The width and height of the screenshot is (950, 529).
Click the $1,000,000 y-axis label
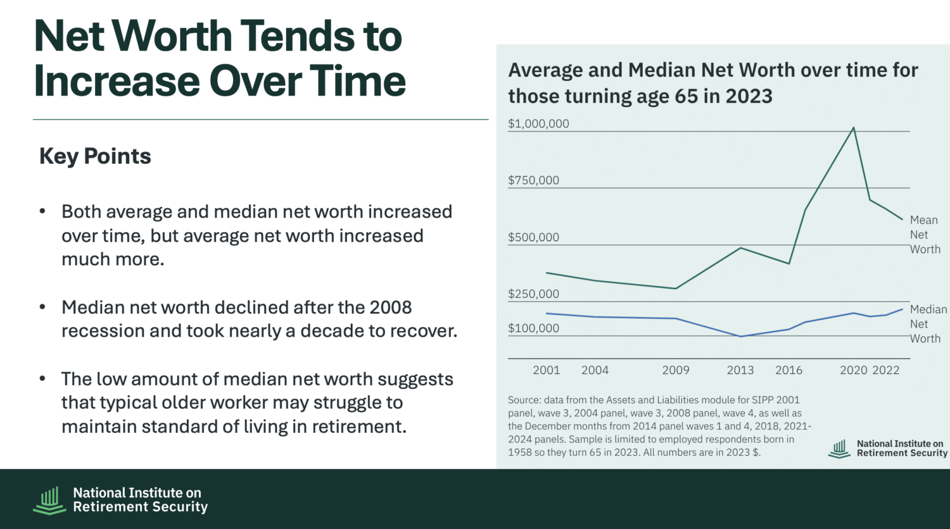point(538,124)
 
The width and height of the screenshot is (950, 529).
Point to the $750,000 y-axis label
point(533,180)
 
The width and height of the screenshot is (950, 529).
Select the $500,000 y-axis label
point(533,237)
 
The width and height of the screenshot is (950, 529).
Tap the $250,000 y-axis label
point(533,294)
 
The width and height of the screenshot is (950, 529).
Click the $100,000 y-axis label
point(533,328)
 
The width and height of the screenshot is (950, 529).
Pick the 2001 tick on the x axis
point(547,370)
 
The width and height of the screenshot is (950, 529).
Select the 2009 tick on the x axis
point(676,370)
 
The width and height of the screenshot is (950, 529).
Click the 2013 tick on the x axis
point(740,370)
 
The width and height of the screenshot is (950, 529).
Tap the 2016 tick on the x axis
point(788,370)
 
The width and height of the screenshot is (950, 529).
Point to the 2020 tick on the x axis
point(853,370)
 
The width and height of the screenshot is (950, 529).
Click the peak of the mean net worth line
point(854,128)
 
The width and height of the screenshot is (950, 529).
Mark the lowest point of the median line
point(740,336)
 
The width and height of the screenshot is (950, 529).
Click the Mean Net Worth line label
point(925,235)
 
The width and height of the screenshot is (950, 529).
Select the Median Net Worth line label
point(928,324)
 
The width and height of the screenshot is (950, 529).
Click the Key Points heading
point(95,156)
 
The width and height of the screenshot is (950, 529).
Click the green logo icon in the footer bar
point(49,500)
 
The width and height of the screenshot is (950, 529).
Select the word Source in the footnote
point(524,400)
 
